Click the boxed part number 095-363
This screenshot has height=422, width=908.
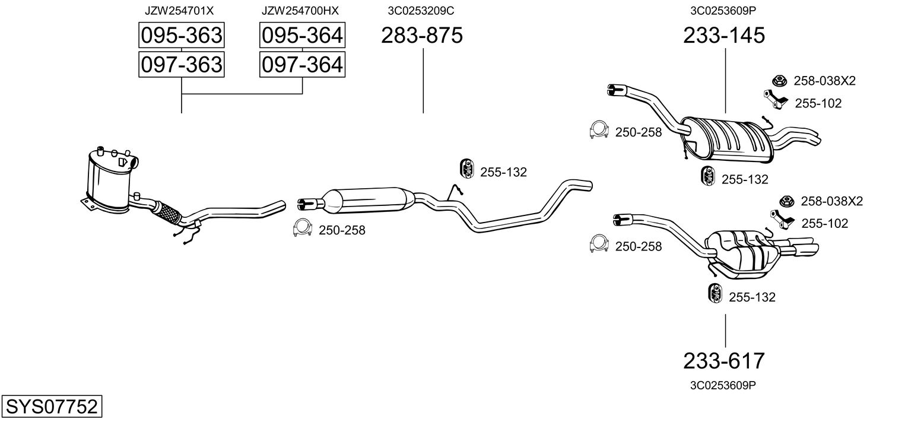[x=182, y=35]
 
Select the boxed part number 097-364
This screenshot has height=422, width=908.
[x=303, y=65]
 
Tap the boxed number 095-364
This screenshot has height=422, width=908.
[x=303, y=35]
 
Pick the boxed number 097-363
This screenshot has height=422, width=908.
[x=182, y=65]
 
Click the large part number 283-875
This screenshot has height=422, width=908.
[x=422, y=35]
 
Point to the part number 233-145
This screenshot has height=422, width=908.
[x=724, y=35]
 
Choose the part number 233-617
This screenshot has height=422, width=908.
[x=724, y=361]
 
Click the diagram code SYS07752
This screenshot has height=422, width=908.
[x=52, y=407]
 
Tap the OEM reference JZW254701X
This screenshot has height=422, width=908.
[x=179, y=11]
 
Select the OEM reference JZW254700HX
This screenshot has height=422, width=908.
[x=300, y=11]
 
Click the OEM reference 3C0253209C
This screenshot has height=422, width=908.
[x=421, y=11]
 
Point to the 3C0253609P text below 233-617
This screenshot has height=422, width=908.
[x=723, y=385]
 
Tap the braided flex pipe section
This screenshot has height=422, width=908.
[x=167, y=212]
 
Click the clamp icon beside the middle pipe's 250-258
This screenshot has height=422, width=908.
[x=303, y=229]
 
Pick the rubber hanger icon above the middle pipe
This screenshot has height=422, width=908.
[x=468, y=169]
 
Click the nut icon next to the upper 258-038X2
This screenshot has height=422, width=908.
[x=779, y=81]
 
